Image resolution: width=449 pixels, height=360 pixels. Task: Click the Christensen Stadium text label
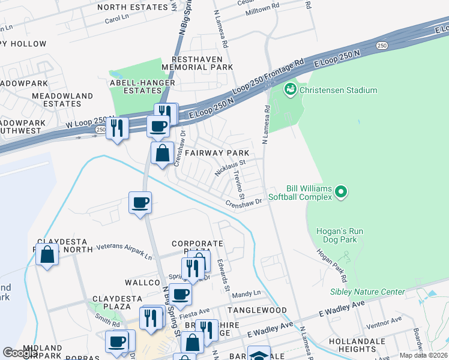(339, 91)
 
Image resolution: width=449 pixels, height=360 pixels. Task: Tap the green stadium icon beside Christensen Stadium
(291, 89)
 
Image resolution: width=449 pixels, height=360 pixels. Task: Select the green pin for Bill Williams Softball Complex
(342, 192)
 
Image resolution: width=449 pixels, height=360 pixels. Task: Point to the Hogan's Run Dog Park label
(337, 235)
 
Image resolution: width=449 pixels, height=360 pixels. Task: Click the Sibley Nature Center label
(367, 292)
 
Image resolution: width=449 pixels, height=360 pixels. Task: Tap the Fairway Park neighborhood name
(217, 154)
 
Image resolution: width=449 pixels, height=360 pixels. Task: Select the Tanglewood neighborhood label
(257, 310)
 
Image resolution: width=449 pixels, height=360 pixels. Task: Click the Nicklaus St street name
(231, 167)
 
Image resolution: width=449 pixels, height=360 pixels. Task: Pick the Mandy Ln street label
(247, 294)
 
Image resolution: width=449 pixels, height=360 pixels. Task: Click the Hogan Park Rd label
(333, 266)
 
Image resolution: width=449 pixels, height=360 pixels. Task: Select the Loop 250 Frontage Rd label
(274, 75)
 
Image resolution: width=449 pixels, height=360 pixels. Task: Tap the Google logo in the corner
(20, 353)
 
